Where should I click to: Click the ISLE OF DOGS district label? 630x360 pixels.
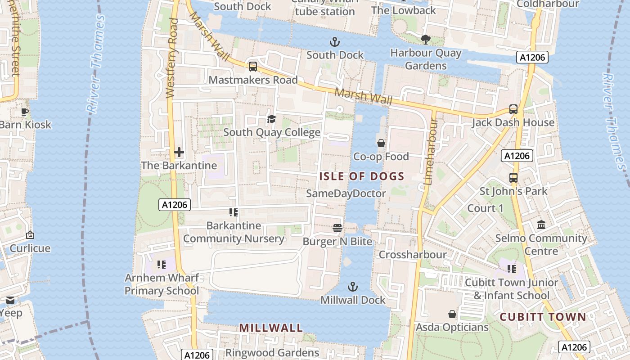click(x=362, y=176)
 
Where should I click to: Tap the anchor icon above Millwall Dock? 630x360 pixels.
click(x=353, y=287)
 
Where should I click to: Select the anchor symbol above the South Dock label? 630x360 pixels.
click(x=334, y=42)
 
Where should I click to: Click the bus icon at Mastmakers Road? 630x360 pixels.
click(x=253, y=67)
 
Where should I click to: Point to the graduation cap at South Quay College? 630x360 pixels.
click(x=271, y=119)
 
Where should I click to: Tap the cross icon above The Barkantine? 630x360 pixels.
click(x=179, y=152)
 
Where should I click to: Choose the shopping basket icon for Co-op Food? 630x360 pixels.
click(x=381, y=143)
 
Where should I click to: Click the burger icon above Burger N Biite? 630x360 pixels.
click(x=337, y=228)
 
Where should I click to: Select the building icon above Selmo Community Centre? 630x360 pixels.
click(x=541, y=225)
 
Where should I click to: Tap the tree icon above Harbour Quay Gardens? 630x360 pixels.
click(x=425, y=40)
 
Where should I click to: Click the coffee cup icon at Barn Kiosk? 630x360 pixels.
click(x=25, y=112)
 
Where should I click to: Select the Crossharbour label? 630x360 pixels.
click(x=413, y=255)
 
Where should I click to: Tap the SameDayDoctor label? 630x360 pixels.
click(x=346, y=193)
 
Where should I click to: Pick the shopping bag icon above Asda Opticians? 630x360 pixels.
click(x=452, y=314)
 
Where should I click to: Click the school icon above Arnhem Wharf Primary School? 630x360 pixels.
click(x=162, y=265)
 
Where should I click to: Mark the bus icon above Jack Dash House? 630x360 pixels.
click(x=513, y=109)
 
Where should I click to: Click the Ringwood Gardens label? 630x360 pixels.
click(x=272, y=353)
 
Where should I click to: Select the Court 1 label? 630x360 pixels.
click(x=486, y=208)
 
